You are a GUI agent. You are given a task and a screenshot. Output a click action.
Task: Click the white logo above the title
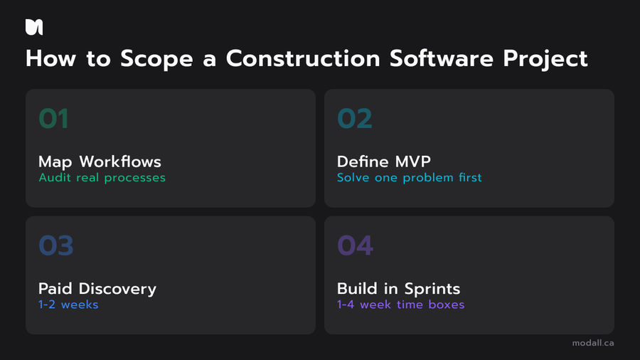[x=34, y=27]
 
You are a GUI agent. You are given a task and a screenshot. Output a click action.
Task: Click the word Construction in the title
[x=304, y=59]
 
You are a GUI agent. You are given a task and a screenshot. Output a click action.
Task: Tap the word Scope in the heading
[x=148, y=59]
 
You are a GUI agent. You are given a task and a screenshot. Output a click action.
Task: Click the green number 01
[x=53, y=119]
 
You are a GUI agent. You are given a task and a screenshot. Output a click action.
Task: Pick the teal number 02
[x=354, y=119]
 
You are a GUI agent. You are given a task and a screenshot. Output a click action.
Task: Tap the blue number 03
[x=55, y=246]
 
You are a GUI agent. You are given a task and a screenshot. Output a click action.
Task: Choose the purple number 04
[x=355, y=246]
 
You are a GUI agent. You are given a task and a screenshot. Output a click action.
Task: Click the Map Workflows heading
[x=100, y=162]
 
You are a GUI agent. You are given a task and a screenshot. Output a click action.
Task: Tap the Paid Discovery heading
[x=97, y=289]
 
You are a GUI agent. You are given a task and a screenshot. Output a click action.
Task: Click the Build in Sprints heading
[x=398, y=289]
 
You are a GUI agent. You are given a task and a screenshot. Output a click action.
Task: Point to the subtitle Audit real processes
[x=102, y=178]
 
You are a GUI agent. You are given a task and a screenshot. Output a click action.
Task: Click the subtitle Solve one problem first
[x=409, y=178]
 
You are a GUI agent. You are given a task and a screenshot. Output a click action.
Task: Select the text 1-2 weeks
[x=68, y=305]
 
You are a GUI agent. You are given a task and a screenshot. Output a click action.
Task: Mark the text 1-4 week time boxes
[x=400, y=305]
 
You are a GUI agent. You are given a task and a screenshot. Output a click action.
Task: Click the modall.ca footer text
[x=593, y=343]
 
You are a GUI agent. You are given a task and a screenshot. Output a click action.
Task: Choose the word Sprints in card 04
[x=432, y=289]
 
